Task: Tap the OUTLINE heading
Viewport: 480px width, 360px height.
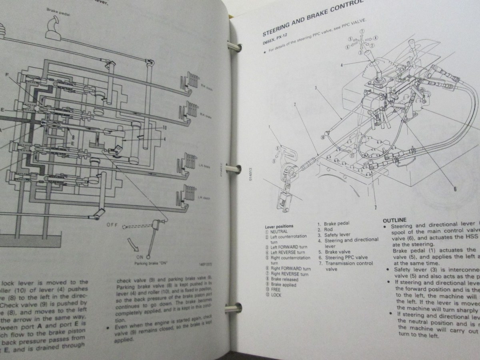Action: (394, 220)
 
